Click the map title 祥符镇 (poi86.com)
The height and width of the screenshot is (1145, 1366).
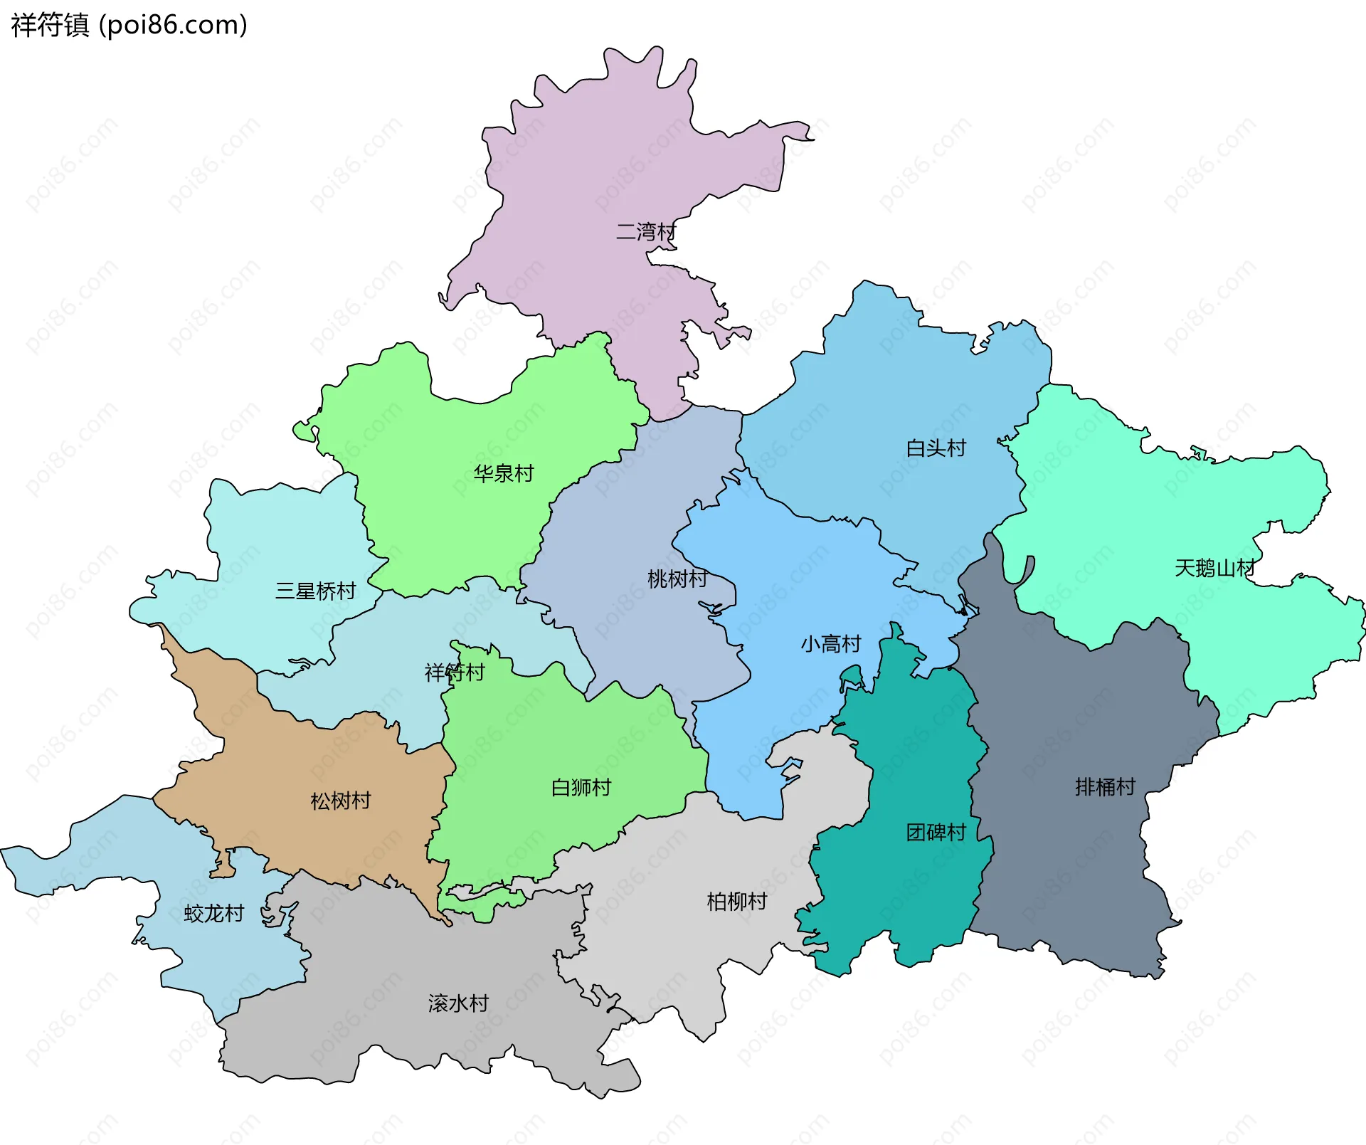pyautogui.click(x=129, y=25)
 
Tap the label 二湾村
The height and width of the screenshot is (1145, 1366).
pyautogui.click(x=645, y=232)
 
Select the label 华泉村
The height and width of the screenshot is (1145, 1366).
pyautogui.click(x=504, y=473)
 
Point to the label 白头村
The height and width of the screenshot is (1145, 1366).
pyautogui.click(x=936, y=448)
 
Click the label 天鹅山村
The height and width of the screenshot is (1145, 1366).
pyautogui.click(x=1214, y=568)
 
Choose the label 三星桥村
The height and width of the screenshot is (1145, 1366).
pyautogui.click(x=315, y=591)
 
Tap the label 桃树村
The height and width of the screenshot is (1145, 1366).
pyautogui.click(x=677, y=579)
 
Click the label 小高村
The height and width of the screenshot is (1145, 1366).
pyautogui.click(x=830, y=644)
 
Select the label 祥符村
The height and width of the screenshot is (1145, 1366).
pyautogui.click(x=455, y=672)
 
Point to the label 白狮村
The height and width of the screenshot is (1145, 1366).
pyautogui.click(x=581, y=788)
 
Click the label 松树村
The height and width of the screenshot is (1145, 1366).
pyautogui.click(x=341, y=801)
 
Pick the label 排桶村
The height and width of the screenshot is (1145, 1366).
pyautogui.click(x=1105, y=787)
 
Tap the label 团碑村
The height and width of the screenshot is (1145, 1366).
pyautogui.click(x=936, y=832)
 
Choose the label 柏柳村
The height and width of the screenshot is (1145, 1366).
pyautogui.click(x=736, y=902)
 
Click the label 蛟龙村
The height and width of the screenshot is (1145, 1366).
pyautogui.click(x=213, y=913)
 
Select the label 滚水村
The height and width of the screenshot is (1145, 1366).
pyautogui.click(x=458, y=1003)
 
